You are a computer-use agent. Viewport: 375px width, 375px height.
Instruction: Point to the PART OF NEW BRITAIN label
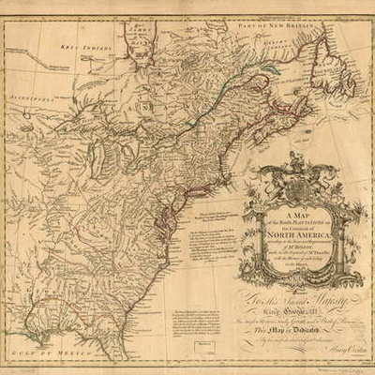pyautogui.click(x=280, y=10)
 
